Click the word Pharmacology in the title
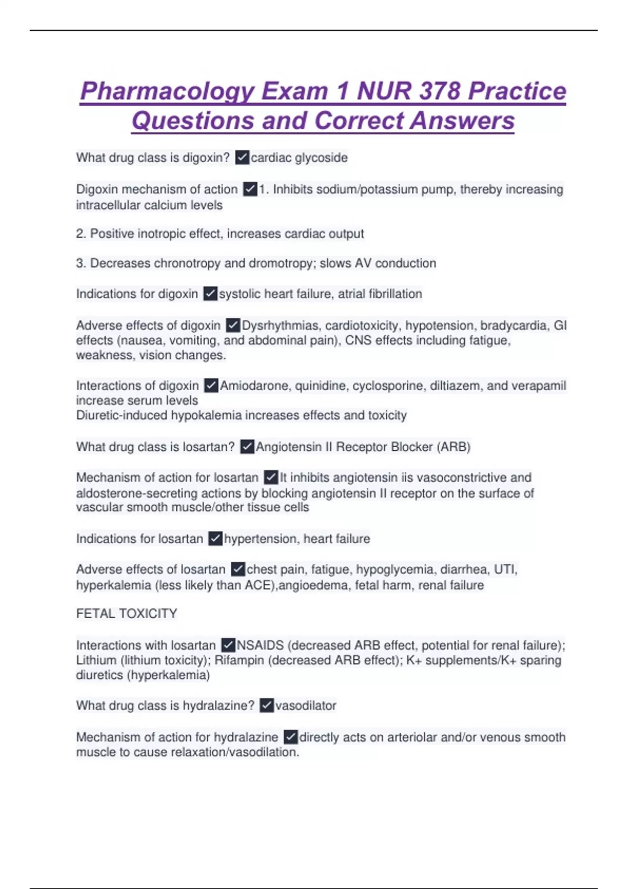pos(167,92)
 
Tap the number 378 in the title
pos(438,92)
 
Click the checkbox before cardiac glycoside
pos(242,157)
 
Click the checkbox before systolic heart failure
pos(210,294)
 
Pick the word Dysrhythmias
pos(280,325)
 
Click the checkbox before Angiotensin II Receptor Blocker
pos(247,447)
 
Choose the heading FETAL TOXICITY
pos(127,613)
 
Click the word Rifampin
pos(239,660)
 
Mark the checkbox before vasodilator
pos(266,705)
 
